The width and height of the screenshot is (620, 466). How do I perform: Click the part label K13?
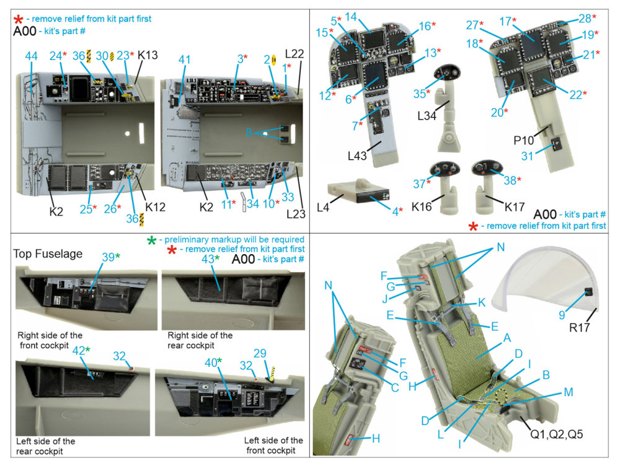pyautogui.click(x=148, y=55)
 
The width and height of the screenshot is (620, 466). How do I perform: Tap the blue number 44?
pyautogui.click(x=31, y=56)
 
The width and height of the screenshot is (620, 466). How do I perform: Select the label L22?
pyautogui.click(x=294, y=54)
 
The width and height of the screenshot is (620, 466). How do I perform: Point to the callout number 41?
pyautogui.click(x=184, y=59)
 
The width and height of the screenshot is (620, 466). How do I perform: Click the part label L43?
pyautogui.click(x=357, y=156)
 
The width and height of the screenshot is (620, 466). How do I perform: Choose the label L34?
pyautogui.click(x=427, y=116)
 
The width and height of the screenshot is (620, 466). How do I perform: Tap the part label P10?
pyautogui.click(x=523, y=140)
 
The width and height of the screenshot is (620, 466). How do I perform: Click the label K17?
pyautogui.click(x=515, y=206)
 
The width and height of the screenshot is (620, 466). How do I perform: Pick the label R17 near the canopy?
pyautogui.click(x=579, y=327)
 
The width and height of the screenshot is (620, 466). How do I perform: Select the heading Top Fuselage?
pyautogui.click(x=48, y=253)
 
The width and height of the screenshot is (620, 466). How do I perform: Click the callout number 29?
pyautogui.click(x=260, y=353)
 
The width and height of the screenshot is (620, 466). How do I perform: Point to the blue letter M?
pyautogui.click(x=568, y=392)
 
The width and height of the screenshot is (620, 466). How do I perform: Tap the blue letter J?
pyautogui.click(x=385, y=299)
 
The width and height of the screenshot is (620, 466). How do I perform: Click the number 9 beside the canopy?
pyautogui.click(x=562, y=315)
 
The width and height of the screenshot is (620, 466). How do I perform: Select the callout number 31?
pyautogui.click(x=527, y=156)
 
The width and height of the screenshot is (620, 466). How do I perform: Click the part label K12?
pyautogui.click(x=156, y=207)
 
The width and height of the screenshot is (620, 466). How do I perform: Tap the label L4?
pyautogui.click(x=322, y=207)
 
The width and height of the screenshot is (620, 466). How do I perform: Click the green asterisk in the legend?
pyautogui.click(x=151, y=240)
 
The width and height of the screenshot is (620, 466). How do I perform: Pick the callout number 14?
pyautogui.click(x=351, y=17)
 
